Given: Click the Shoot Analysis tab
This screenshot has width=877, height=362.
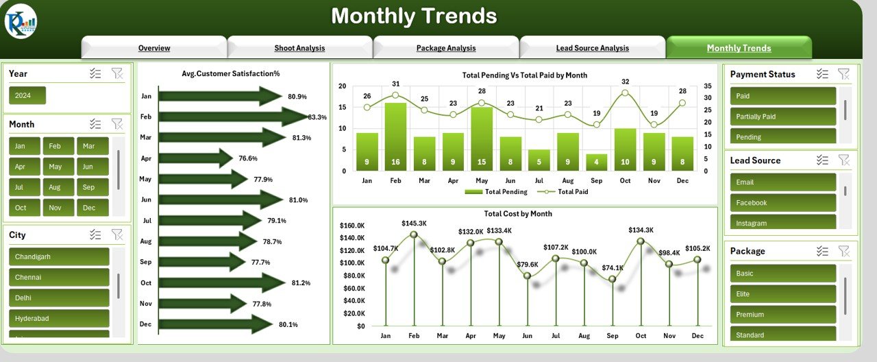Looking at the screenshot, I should [299, 48].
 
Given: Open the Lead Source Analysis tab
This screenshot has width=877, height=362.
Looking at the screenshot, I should [592, 48].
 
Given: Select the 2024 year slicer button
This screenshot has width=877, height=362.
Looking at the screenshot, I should [27, 95].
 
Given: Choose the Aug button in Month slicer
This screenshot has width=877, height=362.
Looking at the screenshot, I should [55, 186].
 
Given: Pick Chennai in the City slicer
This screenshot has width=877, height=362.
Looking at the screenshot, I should [59, 277].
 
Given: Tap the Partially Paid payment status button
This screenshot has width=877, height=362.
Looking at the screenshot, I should [783, 117].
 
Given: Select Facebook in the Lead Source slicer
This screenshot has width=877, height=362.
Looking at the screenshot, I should [783, 203].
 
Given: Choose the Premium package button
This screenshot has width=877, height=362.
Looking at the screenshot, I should [783, 315].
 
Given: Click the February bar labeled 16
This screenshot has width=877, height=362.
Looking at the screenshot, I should [395, 137].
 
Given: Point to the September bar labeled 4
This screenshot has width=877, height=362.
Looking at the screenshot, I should [596, 162].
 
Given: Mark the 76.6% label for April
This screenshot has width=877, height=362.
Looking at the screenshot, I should [247, 158].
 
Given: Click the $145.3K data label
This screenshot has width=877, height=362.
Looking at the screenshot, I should [415, 224].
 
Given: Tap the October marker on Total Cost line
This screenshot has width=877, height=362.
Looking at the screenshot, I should [641, 241].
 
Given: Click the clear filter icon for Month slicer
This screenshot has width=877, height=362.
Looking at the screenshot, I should [117, 124].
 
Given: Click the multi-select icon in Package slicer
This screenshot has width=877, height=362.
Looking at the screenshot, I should [822, 251].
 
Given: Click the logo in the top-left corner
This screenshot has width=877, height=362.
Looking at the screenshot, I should [21, 21].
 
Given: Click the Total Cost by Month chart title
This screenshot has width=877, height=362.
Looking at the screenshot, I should [517, 214].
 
